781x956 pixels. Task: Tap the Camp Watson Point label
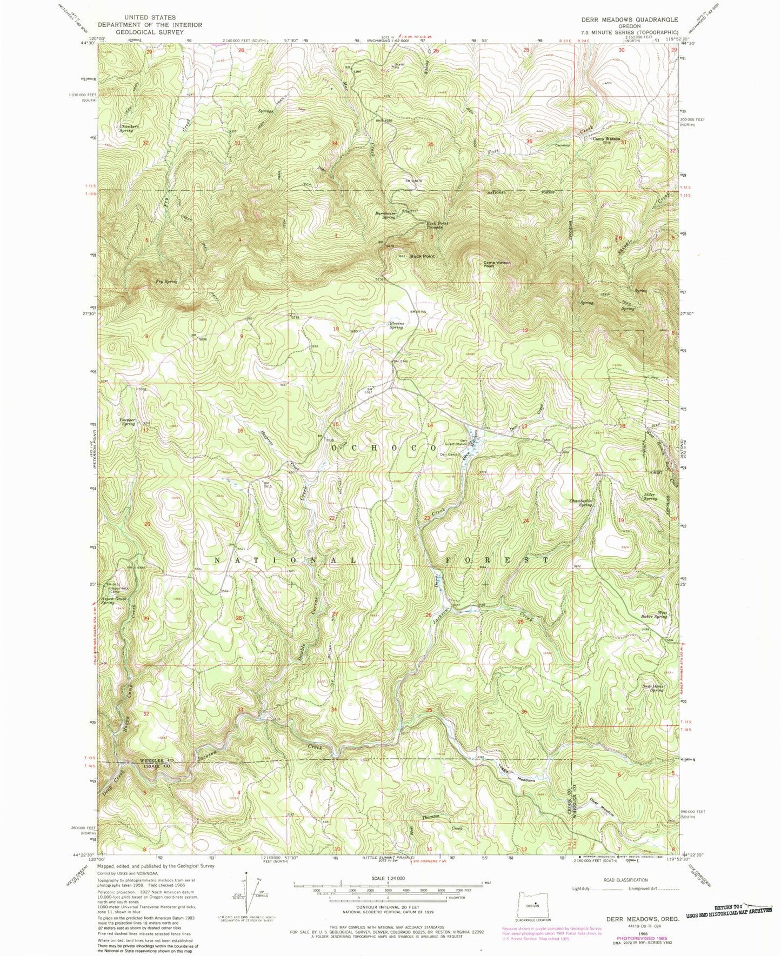pos(497,264)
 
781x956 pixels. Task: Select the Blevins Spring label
pos(396,326)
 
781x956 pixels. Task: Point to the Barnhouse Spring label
pos(386,215)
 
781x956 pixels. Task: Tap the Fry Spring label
pos(166,282)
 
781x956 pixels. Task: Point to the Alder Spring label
pos(650,497)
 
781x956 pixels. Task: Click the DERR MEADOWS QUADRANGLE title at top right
pos(629,19)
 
